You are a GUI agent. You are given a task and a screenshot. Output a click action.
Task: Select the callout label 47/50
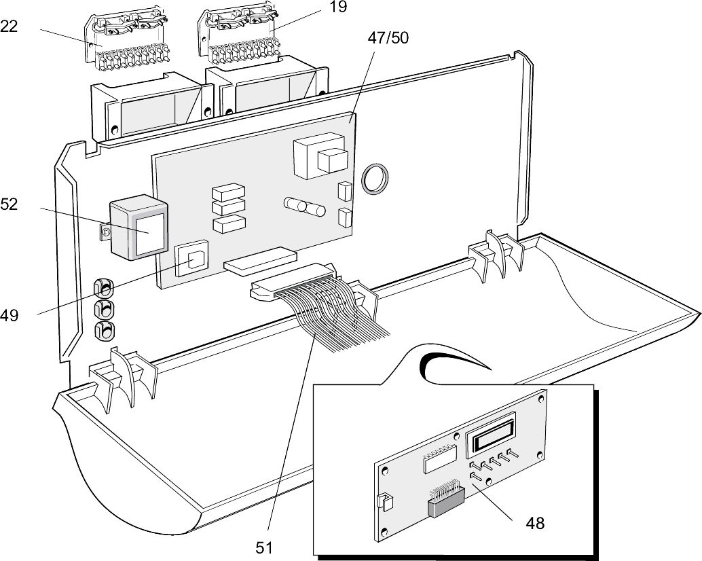tap(388, 37)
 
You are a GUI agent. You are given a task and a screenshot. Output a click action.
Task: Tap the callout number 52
tap(10, 204)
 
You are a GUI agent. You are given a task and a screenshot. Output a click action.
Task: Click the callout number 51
tap(264, 547)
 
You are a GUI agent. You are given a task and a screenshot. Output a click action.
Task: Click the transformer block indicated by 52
tap(138, 229)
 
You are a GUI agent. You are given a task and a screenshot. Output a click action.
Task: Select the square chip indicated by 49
tap(192, 261)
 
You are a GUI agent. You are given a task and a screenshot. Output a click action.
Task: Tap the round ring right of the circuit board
tap(374, 179)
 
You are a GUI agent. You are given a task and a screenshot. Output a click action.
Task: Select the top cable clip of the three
tap(103, 288)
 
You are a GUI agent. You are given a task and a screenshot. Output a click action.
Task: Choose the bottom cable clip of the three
tap(104, 331)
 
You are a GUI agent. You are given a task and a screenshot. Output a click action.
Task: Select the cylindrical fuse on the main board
tap(304, 206)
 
